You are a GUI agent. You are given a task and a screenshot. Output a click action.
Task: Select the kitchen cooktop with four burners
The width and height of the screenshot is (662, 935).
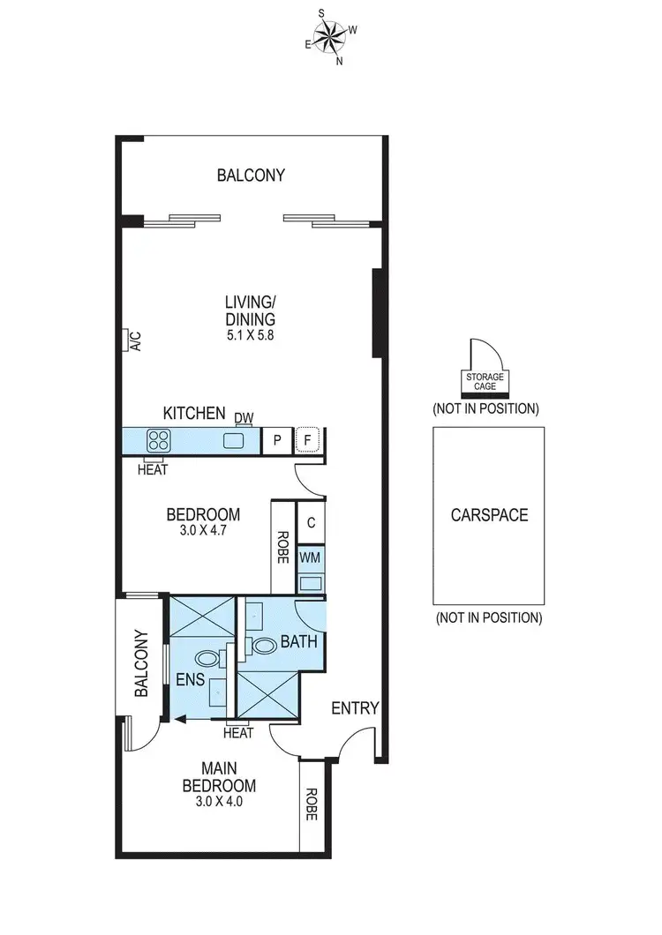pyautogui.click(x=159, y=440)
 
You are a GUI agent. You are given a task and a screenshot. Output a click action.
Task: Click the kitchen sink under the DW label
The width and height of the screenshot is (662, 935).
pyautogui.click(x=235, y=440)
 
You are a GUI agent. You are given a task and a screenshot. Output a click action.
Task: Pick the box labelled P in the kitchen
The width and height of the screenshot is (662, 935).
pyautogui.click(x=277, y=441)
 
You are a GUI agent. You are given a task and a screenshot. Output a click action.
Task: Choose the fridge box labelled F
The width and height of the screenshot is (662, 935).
pyautogui.click(x=308, y=441)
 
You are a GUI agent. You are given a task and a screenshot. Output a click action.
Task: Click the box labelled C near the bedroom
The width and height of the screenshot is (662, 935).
pyautogui.click(x=311, y=522)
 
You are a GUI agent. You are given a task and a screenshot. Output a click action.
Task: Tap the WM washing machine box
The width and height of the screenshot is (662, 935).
pyautogui.click(x=310, y=558)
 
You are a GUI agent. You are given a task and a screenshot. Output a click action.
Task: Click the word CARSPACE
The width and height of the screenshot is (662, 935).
pyautogui.click(x=488, y=515)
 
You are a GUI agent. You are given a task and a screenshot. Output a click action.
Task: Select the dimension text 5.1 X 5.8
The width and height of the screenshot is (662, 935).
pyautogui.click(x=250, y=335)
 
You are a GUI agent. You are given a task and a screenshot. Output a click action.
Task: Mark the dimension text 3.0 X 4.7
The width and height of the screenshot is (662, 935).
pyautogui.click(x=204, y=531)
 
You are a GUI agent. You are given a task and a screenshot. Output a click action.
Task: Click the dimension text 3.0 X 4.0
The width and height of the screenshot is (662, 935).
pyautogui.click(x=219, y=802)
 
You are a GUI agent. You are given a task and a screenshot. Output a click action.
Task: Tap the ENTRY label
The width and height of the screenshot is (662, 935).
pyautogui.click(x=355, y=707)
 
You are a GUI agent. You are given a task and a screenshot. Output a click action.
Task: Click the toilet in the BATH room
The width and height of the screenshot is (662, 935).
pyautogui.click(x=263, y=645)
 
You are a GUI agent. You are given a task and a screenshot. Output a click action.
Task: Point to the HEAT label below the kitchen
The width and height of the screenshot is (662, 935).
pyautogui.click(x=153, y=470)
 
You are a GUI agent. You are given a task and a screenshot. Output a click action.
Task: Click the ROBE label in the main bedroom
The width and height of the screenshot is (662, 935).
pyautogui.click(x=311, y=804)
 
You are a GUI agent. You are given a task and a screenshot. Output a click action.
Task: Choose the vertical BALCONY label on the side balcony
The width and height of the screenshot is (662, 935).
pyautogui.click(x=140, y=663)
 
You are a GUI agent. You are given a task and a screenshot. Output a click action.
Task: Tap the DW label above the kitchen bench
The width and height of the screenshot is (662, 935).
pyautogui.click(x=244, y=416)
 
